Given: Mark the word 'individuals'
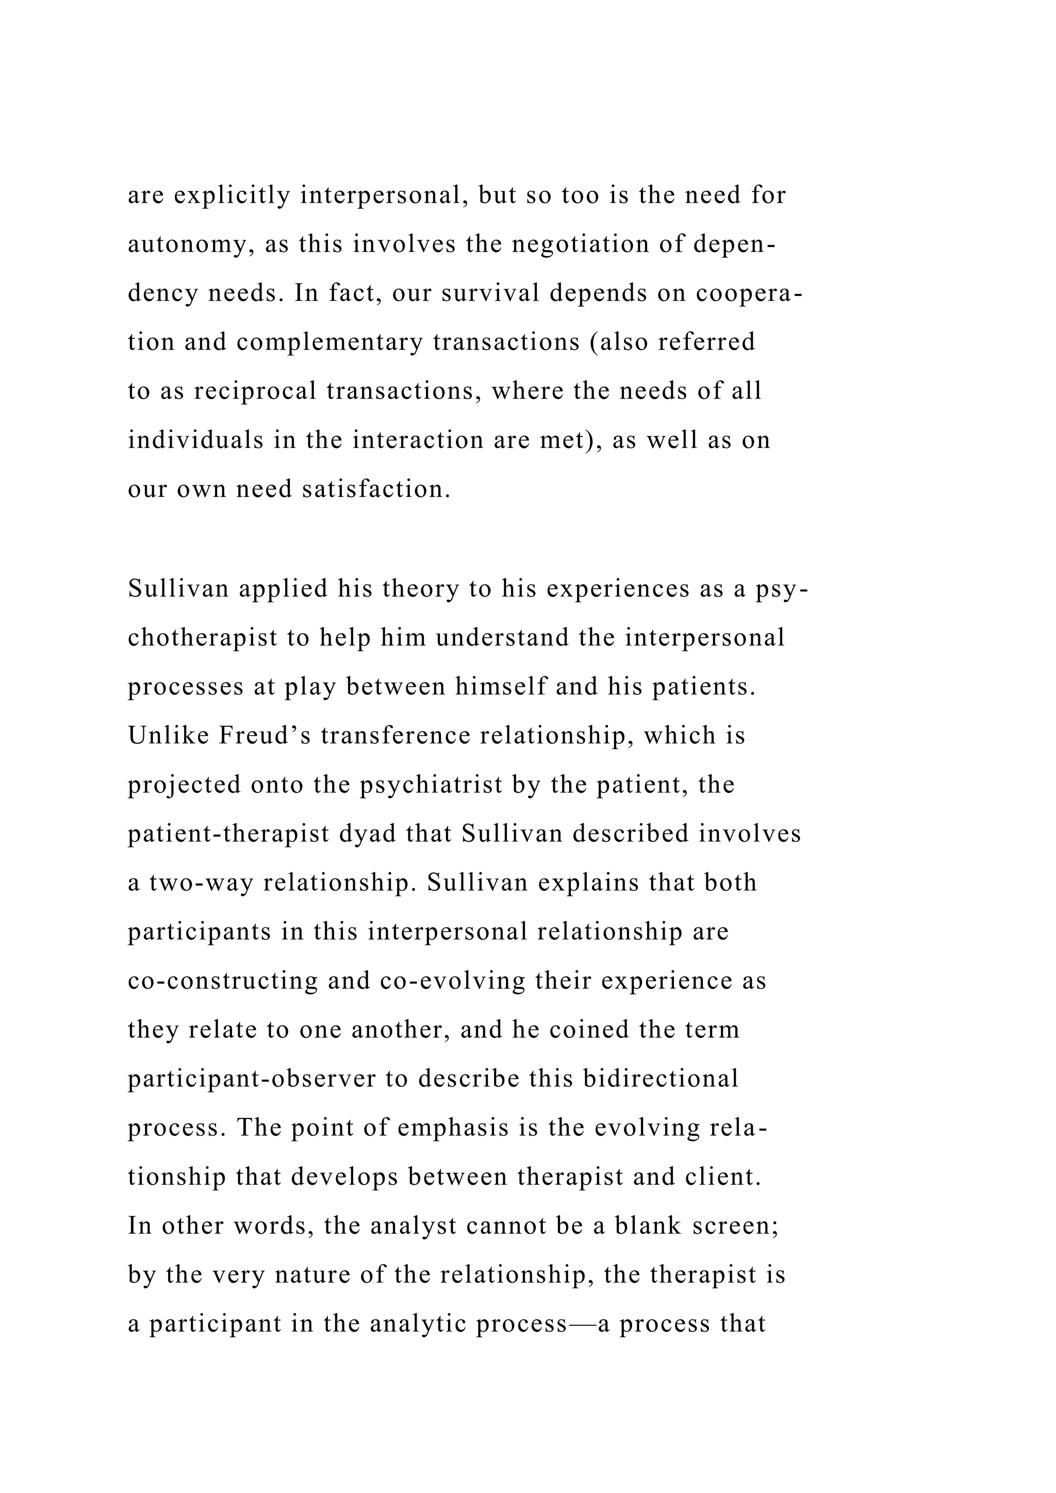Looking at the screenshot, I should click(194, 440).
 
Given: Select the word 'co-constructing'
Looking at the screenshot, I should click(222, 981).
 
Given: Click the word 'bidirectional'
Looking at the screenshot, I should click(661, 1079).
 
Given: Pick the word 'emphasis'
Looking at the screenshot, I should click(453, 1128).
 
